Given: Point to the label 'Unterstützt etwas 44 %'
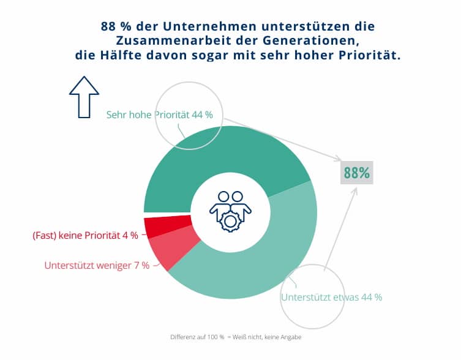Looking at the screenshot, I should point(331,297).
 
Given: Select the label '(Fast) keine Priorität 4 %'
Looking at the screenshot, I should point(85,235).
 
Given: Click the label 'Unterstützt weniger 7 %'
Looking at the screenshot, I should point(97,266).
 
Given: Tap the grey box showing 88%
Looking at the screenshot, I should point(357,173).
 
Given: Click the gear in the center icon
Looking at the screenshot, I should point(230,220).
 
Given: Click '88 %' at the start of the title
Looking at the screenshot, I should point(116,28).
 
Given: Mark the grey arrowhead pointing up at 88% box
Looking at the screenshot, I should point(354,190).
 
